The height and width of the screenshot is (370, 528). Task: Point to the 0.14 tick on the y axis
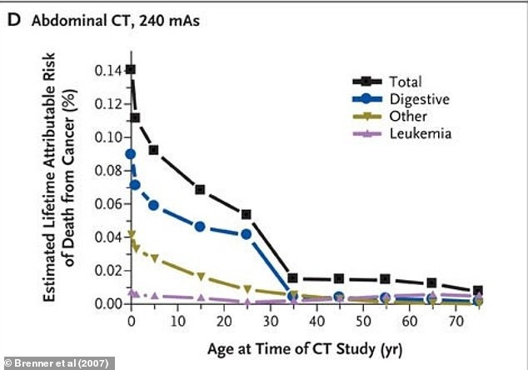pyautogui.click(x=107, y=70)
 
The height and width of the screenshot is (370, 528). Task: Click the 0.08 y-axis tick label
pyautogui.click(x=107, y=170)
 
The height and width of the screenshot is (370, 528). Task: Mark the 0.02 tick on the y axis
pyautogui.click(x=107, y=270)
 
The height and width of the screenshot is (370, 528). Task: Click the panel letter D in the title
pyautogui.click(x=13, y=22)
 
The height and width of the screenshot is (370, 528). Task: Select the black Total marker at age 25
pyautogui.click(x=247, y=214)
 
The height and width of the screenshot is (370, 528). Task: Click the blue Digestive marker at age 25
pyautogui.click(x=247, y=234)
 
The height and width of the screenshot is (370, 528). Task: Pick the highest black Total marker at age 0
pyautogui.click(x=131, y=69)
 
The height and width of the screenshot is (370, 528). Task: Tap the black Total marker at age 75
pyautogui.click(x=477, y=291)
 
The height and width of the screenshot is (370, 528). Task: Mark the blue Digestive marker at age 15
pyautogui.click(x=200, y=227)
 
